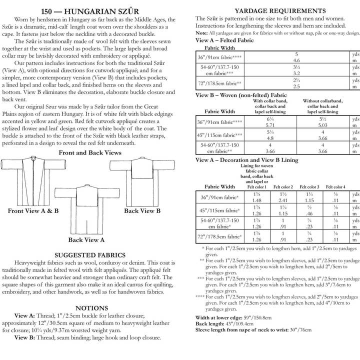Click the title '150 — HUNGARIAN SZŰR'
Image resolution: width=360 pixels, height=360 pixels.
coord(91,10)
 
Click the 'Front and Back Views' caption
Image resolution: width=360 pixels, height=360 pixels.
coord(90,152)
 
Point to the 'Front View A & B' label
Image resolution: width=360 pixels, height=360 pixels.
coord(33,211)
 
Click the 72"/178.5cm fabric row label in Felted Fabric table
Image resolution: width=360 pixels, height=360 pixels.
coord(219,83)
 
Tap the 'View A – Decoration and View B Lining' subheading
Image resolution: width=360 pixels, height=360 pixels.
coord(246,160)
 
